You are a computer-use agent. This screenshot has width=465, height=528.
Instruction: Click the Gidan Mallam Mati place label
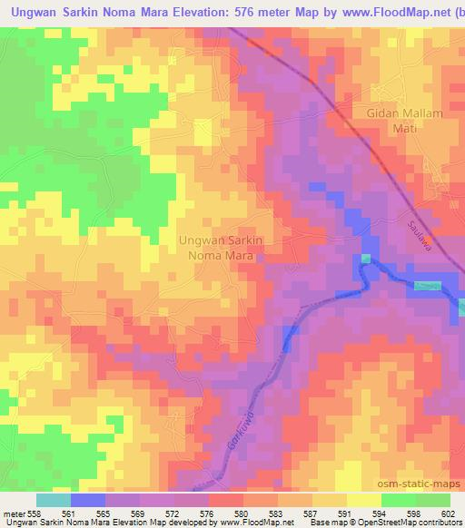point(394,121)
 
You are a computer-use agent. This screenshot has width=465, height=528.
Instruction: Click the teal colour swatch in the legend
point(54,500)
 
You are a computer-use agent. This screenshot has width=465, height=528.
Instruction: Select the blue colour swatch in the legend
point(88,500)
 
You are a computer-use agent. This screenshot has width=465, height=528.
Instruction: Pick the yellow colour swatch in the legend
point(363,500)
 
